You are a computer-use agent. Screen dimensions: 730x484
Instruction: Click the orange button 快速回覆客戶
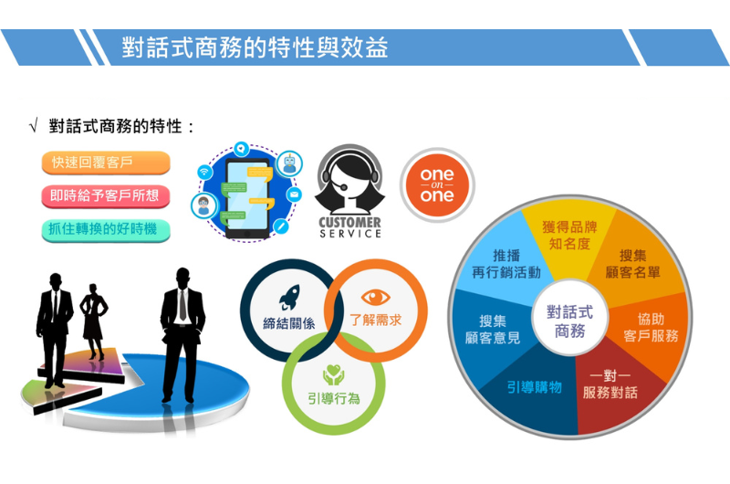click(x=106, y=163)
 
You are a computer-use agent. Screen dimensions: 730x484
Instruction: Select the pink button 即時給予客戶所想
click(x=106, y=195)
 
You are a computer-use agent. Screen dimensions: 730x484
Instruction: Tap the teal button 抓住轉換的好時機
click(x=106, y=229)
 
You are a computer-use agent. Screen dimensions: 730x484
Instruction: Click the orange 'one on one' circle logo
click(x=437, y=185)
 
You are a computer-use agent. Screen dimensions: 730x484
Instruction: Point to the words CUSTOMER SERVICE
click(x=350, y=227)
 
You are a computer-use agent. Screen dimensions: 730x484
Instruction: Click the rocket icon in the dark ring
click(x=289, y=297)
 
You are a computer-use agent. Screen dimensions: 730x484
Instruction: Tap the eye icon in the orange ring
click(x=375, y=297)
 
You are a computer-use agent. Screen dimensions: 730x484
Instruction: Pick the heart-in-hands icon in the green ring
click(x=333, y=374)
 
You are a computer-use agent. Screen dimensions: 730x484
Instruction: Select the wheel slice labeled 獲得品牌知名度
click(x=568, y=236)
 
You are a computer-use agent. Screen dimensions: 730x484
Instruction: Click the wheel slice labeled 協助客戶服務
click(x=651, y=328)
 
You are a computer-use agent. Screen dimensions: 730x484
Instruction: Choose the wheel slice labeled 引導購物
click(x=534, y=387)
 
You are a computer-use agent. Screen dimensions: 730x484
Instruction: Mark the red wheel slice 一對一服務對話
click(x=610, y=384)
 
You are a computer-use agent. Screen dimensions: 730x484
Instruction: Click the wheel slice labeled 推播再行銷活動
click(x=506, y=264)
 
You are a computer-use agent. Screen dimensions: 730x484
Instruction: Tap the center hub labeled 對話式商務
click(x=569, y=321)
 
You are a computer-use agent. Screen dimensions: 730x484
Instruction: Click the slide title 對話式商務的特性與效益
click(x=255, y=47)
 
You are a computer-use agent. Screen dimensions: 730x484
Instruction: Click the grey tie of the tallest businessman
click(x=183, y=304)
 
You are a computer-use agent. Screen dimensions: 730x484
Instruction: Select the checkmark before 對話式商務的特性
click(x=34, y=126)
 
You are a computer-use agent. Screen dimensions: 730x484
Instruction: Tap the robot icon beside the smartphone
click(x=289, y=164)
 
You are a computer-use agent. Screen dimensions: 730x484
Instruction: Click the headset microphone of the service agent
click(x=344, y=187)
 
